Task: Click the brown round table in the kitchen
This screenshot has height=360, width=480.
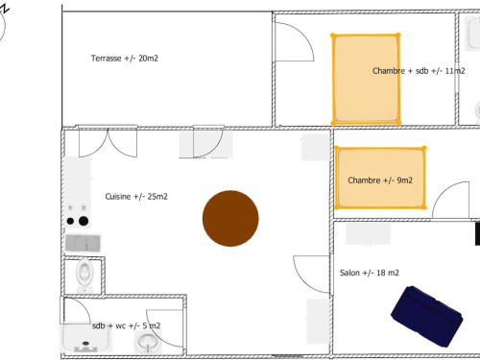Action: click(x=230, y=218)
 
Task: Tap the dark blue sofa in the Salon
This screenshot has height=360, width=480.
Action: click(x=427, y=316)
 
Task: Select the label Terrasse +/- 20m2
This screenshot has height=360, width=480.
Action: click(x=125, y=59)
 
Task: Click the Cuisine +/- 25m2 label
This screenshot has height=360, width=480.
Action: click(x=136, y=196)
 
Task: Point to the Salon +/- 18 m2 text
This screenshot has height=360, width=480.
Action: click(x=370, y=273)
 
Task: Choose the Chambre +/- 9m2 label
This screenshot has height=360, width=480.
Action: click(x=380, y=180)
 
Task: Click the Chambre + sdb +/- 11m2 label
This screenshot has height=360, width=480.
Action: click(x=419, y=71)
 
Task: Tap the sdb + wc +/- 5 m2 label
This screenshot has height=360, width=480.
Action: click(x=126, y=325)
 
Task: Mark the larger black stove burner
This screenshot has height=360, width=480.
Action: click(x=84, y=221)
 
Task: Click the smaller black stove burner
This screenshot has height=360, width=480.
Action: click(x=70, y=221)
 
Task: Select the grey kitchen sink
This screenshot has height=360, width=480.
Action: click(x=83, y=243)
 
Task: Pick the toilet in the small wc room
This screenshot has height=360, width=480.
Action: click(x=84, y=275)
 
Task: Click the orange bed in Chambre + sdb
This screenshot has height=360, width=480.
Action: click(x=366, y=79)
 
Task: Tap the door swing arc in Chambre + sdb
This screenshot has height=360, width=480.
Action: click(x=304, y=35)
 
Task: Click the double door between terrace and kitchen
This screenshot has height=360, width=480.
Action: click(x=108, y=142)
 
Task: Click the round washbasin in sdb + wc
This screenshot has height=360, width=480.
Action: click(x=148, y=342)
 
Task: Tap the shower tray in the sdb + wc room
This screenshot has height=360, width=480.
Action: click(x=85, y=338)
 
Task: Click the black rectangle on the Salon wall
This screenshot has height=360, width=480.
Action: click(x=477, y=234)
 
